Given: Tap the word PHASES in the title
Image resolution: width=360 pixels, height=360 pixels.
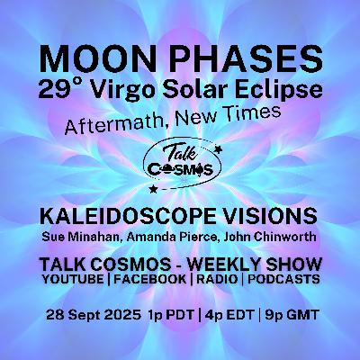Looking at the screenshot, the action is point(251,59).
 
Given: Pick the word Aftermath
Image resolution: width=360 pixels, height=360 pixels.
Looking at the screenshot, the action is point(115,122).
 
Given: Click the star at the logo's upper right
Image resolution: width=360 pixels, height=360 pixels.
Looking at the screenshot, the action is point(219,148).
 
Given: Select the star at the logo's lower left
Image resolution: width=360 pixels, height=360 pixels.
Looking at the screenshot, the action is point(154,189).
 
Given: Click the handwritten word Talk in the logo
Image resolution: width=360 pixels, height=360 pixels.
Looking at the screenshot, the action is point(180,153).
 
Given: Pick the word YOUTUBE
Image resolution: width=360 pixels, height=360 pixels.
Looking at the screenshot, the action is point(73,280).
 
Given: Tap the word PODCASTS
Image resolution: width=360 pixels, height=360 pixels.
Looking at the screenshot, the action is point(283,280).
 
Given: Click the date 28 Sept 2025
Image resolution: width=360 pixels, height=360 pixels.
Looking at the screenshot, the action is point(94,315).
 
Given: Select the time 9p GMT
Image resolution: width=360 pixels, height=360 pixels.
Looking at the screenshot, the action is point(291,315).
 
